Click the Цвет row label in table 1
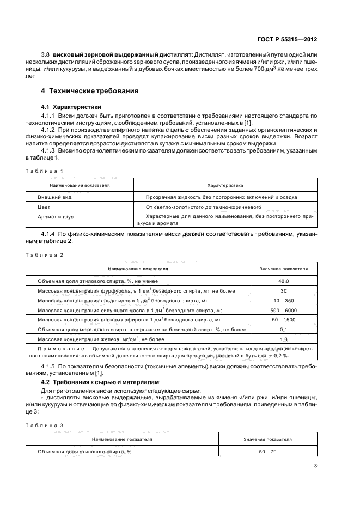pyautogui.click(x=45, y=207)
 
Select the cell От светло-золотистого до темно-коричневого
pyautogui.click(x=204, y=207)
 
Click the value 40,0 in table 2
pyautogui.click(x=283, y=281)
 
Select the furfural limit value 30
pyautogui.click(x=283, y=290)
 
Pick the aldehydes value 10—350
pyautogui.click(x=283, y=300)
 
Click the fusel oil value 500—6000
pyautogui.click(x=283, y=310)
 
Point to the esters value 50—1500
pyautogui.click(x=283, y=320)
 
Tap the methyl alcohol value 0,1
pyautogui.click(x=283, y=330)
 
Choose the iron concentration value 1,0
pyautogui.click(x=283, y=339)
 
